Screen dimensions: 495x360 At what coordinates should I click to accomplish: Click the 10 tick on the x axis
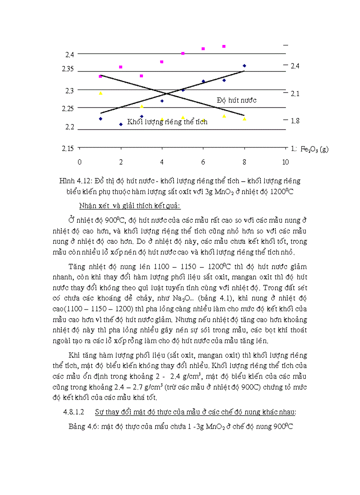tap(285, 162)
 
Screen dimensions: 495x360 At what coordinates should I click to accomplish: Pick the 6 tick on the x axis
tap(203, 162)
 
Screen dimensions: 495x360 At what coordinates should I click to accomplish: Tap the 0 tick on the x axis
tap(79, 162)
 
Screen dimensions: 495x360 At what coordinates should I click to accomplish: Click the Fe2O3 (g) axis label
tap(315, 149)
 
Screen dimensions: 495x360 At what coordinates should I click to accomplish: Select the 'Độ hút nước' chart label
tap(236, 100)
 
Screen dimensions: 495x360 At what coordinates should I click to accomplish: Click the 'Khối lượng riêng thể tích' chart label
tap(167, 122)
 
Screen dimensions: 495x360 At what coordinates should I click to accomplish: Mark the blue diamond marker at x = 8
tap(244, 66)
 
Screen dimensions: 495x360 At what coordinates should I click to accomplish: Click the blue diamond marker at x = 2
tap(121, 124)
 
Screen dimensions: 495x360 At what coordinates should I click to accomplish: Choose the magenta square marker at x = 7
tap(224, 46)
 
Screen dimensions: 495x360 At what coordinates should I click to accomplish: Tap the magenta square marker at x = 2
tap(121, 67)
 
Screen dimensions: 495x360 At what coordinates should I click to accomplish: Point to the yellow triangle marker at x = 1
tap(101, 93)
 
